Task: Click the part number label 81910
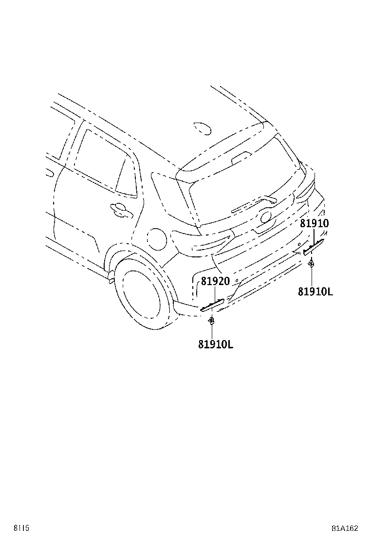pyautogui.click(x=314, y=223)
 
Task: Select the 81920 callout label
pyautogui.click(x=215, y=281)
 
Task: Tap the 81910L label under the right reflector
pyautogui.click(x=315, y=292)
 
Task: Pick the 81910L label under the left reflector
pyautogui.click(x=215, y=344)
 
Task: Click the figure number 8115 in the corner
pyautogui.click(x=21, y=528)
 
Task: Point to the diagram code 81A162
pyautogui.click(x=345, y=528)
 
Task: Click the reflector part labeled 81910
pyautogui.click(x=314, y=247)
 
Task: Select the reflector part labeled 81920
pyautogui.click(x=212, y=305)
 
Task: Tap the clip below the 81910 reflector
pyautogui.click(x=311, y=264)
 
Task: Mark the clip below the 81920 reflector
pyautogui.click(x=211, y=321)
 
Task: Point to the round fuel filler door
pyautogui.click(x=157, y=238)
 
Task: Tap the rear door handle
pyautogui.click(x=121, y=210)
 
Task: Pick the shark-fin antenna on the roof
pyautogui.click(x=202, y=128)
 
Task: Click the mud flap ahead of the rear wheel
pyautogui.click(x=111, y=276)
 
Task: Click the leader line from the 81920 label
pyautogui.click(x=215, y=294)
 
